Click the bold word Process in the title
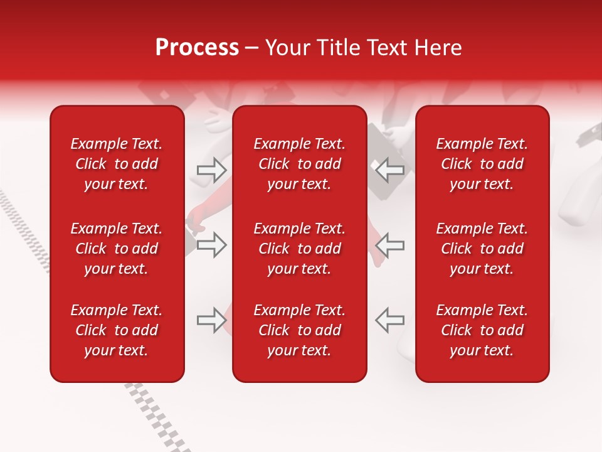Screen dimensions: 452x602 197,48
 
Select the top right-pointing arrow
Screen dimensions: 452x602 211,169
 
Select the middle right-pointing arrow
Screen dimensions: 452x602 211,245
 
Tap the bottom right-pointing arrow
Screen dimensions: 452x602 211,320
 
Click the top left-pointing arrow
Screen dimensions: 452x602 389,169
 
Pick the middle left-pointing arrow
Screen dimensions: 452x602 389,245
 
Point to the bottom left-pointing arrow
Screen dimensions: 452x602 389,320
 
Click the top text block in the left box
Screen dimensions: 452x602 117,164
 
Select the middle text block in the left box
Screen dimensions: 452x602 117,249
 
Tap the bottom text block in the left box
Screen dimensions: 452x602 117,330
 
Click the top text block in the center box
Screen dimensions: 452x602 299,164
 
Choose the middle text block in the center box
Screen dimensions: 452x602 299,249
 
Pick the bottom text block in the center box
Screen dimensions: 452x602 299,330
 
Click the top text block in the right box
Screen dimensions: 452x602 482,164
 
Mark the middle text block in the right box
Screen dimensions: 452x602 482,249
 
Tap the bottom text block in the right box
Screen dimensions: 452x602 482,330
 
